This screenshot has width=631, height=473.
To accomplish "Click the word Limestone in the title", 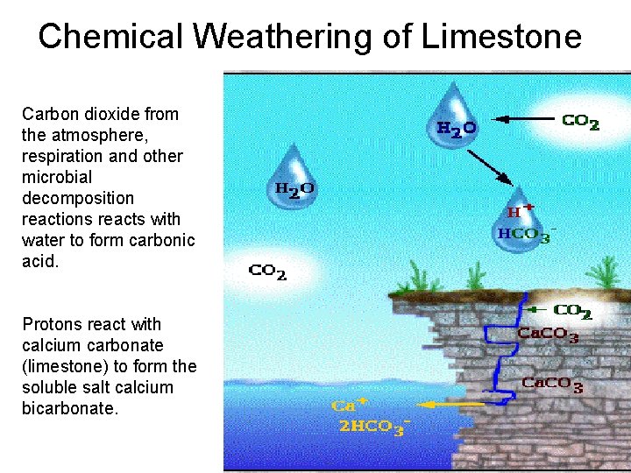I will (x=501, y=37).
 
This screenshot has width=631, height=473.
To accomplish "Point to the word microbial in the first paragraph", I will (x=57, y=177).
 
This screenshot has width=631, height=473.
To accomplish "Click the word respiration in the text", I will (x=60, y=156).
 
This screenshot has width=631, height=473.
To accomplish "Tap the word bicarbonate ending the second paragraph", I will (x=68, y=408).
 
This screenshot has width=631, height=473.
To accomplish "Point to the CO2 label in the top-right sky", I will (x=580, y=124).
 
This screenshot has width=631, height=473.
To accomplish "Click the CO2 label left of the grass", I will (x=268, y=273).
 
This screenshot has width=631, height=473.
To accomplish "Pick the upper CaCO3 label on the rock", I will (x=548, y=335).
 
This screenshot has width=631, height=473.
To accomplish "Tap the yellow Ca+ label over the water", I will (x=349, y=406).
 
